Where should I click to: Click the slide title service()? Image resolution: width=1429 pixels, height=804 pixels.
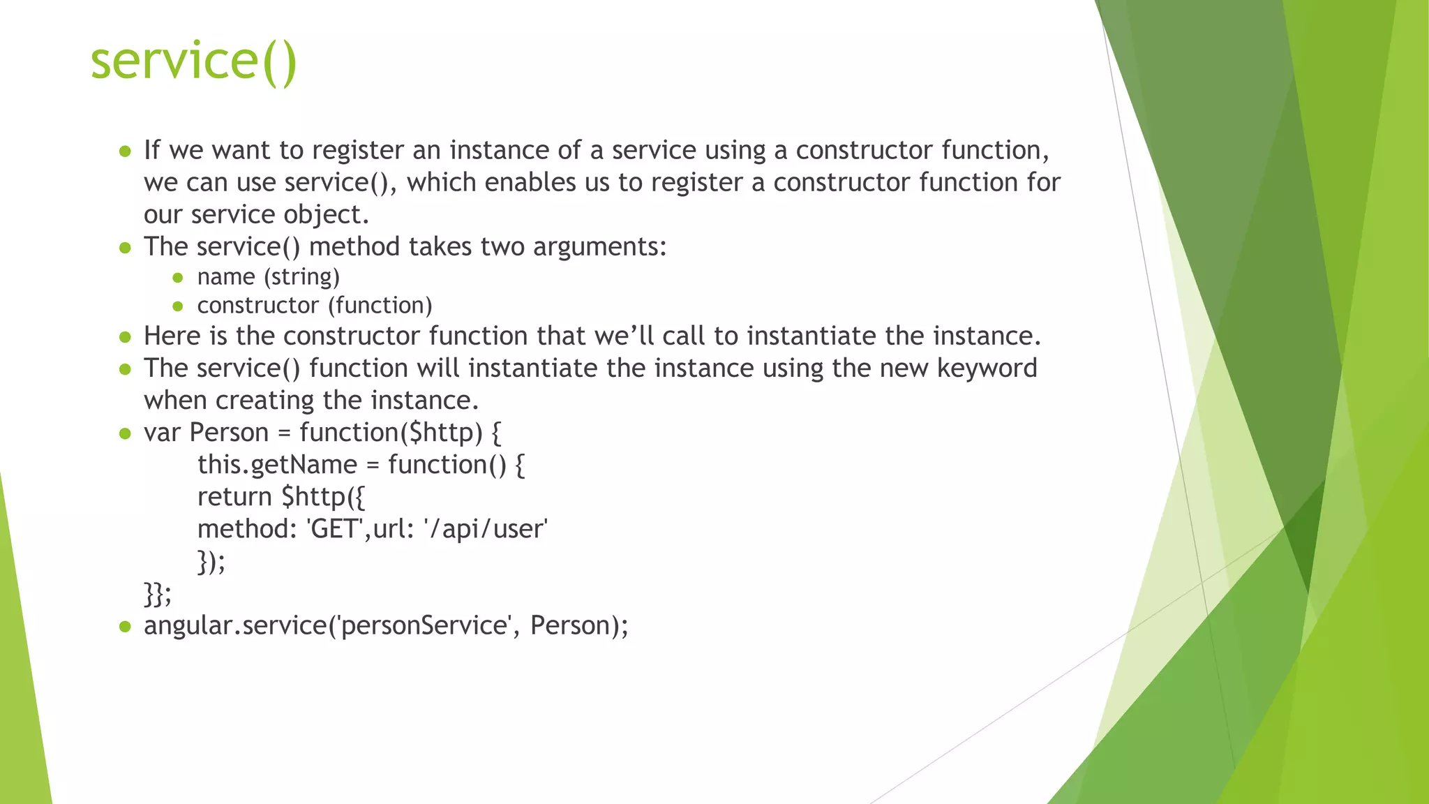[194, 61]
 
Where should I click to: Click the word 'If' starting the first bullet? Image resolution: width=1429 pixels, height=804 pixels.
[151, 150]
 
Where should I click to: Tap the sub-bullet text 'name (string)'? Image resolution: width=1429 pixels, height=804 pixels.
[268, 277]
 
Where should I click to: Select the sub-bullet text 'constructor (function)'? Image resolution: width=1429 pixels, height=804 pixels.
[315, 306]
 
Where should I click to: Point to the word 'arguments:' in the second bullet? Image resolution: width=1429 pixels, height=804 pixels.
[599, 247]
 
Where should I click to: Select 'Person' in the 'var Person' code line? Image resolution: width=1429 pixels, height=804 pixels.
[229, 433]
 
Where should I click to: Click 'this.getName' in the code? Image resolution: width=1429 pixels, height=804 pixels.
[277, 465]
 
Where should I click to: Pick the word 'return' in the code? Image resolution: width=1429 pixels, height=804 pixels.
[234, 497]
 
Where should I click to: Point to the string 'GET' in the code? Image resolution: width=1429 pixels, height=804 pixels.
[335, 529]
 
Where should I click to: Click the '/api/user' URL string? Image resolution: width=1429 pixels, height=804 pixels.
[486, 529]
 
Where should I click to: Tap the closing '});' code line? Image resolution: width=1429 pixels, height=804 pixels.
[211, 561]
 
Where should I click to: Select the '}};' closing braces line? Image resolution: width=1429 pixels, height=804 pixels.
[158, 594]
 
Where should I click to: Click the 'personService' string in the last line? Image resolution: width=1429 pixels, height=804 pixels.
[424, 625]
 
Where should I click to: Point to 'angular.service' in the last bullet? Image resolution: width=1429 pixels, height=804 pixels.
[235, 625]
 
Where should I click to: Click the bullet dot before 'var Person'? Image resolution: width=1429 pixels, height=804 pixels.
[125, 433]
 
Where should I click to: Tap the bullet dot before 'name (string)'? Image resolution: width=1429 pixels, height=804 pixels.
[178, 278]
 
